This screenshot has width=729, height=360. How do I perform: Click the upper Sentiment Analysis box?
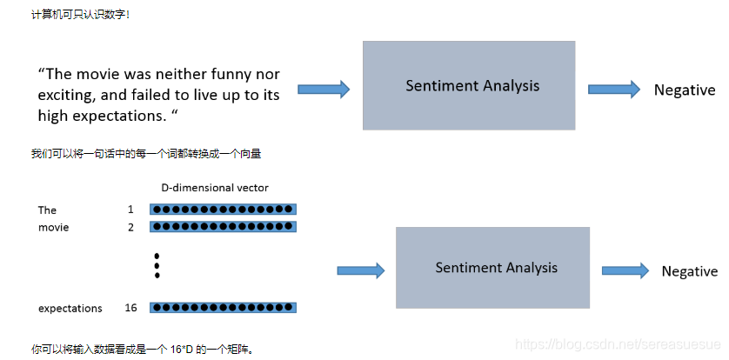[x=469, y=85]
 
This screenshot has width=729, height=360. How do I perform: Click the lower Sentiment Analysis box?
[x=492, y=267]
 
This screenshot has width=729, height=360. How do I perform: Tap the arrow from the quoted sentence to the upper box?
[x=324, y=89]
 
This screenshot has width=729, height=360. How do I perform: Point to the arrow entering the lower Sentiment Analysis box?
[x=360, y=270]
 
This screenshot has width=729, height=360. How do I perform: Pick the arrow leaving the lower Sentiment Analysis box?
[x=625, y=270]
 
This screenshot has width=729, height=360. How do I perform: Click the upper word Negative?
[x=685, y=90]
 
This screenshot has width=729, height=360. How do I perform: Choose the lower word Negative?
[x=689, y=271]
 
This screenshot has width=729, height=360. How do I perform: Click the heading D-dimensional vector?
[x=215, y=188]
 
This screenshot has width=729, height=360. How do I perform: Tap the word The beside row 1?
[x=47, y=210]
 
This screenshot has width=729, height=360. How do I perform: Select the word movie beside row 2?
[x=53, y=227]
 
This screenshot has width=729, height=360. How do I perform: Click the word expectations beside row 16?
[x=70, y=308]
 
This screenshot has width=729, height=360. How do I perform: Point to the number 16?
[x=130, y=308]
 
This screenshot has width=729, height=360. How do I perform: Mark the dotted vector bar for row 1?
[x=223, y=210]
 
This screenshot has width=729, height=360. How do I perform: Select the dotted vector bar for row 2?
[x=223, y=227]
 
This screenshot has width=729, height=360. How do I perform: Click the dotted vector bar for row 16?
[x=223, y=308]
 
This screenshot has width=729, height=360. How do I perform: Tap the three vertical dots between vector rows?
[x=157, y=265]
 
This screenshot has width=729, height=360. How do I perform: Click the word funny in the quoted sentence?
[x=221, y=75]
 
